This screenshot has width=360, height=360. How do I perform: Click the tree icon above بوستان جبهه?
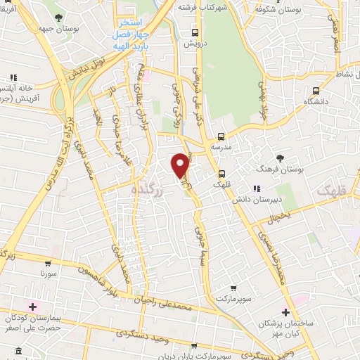pyautogui.click(x=77, y=16)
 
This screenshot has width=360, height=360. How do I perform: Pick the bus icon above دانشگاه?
pyautogui.click(x=316, y=90)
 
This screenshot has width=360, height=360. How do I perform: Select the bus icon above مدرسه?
pyautogui.click(x=221, y=136)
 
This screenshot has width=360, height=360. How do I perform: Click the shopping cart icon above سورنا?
pyautogui.click(x=47, y=259)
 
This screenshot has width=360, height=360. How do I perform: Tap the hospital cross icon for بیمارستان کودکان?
pyautogui.click(x=32, y=307)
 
